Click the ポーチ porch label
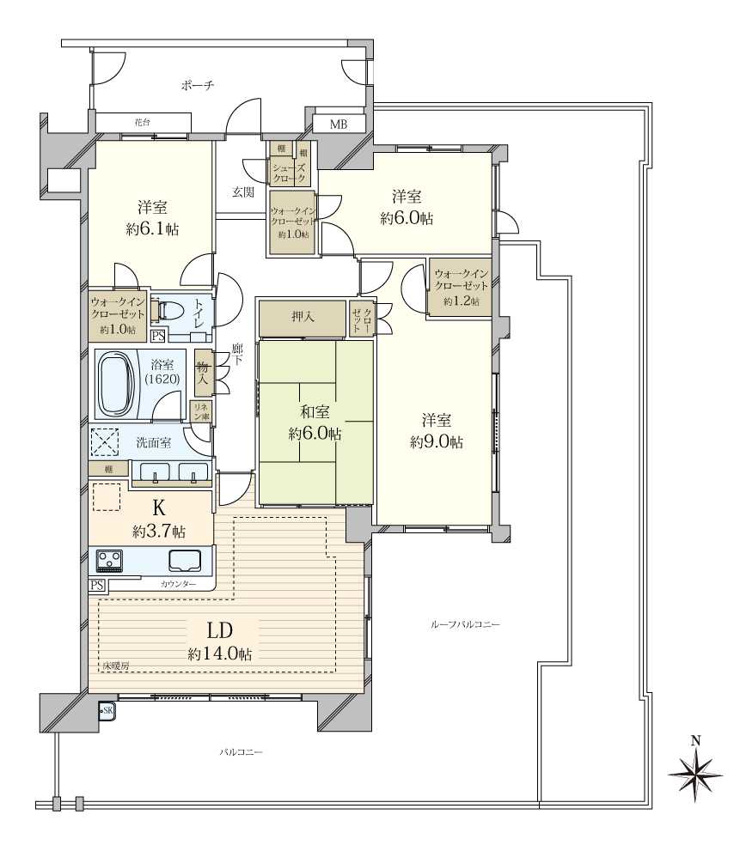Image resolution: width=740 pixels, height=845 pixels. (198, 85)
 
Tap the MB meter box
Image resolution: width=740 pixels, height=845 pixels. (339, 124)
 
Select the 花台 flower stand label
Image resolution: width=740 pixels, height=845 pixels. (143, 122)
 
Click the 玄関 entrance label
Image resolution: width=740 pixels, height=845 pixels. (243, 191)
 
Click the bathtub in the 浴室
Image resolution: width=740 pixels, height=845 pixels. (118, 384)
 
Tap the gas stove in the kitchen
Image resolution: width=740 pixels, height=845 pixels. (109, 561)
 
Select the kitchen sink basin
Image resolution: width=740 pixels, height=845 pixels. (185, 561)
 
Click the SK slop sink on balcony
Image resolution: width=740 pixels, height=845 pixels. (107, 711)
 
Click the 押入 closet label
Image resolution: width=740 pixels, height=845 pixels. (303, 316)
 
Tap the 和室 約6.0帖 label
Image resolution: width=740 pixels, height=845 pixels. (315, 422)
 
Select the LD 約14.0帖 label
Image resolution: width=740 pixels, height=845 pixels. (219, 641)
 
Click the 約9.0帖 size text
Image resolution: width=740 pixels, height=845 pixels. (437, 442)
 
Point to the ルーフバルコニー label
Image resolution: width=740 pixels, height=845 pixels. (465, 624)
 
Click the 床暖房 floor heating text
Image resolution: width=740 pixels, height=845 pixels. (116, 666)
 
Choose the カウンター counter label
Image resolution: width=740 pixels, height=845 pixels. (178, 584)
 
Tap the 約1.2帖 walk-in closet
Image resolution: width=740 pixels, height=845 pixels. (460, 288)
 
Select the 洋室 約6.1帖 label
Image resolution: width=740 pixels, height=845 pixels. (153, 218)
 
